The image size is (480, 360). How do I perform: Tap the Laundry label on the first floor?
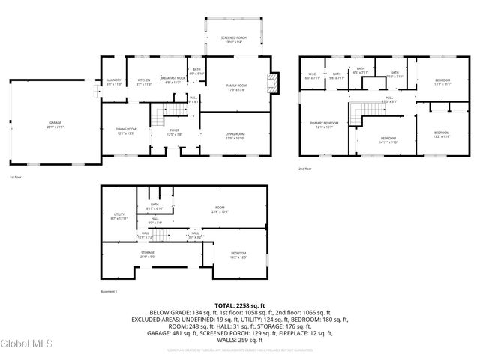coord(114,82)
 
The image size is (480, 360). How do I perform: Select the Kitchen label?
coord(144,82)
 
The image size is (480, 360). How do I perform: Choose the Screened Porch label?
coord(232,39)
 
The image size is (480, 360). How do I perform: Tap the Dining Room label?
coord(125,131)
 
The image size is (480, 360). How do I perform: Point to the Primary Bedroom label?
coord(325,124)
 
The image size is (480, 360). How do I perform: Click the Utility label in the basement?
coord(118,216)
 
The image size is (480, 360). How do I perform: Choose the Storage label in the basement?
coord(147,254)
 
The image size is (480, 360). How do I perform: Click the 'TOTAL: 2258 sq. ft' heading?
coord(240,306)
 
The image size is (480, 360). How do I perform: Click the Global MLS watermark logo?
coord(27,344)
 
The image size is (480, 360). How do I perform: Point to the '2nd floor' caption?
coord(306,170)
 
